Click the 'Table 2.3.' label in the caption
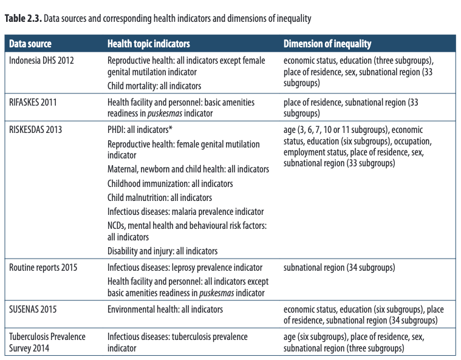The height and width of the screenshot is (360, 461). coord(23,18)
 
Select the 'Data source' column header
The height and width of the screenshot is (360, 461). coord(30,44)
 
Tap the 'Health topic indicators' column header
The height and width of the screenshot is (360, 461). coord(148,44)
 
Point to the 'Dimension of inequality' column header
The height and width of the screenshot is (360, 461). coord(327,44)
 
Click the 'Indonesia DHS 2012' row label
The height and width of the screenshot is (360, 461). coord(41,61)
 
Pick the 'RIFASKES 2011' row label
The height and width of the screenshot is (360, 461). coord(33,102)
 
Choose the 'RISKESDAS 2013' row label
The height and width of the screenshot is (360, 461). coord(36,129)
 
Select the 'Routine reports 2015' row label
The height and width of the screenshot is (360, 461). coord(43,268)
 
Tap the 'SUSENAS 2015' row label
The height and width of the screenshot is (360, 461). coord(33,309)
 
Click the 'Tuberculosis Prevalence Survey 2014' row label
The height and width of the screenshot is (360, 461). coord(47,342)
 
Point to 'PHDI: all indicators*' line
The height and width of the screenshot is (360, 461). coord(140,129)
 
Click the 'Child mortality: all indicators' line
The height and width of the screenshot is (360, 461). coord(154,86)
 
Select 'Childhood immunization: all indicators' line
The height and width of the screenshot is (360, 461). coord(170,184)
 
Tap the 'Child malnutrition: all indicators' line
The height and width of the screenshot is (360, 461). coord(160,197)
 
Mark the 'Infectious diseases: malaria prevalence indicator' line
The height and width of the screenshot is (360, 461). coord(185,212)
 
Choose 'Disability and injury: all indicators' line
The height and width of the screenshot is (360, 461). coord(163,251)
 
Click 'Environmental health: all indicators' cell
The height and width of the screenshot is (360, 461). coord(165,309)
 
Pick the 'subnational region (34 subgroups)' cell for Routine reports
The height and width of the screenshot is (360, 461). coord(340,268)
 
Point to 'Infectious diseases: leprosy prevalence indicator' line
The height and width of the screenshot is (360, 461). coord(185,268)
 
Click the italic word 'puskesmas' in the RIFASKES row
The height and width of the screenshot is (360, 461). coord(165,114)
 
